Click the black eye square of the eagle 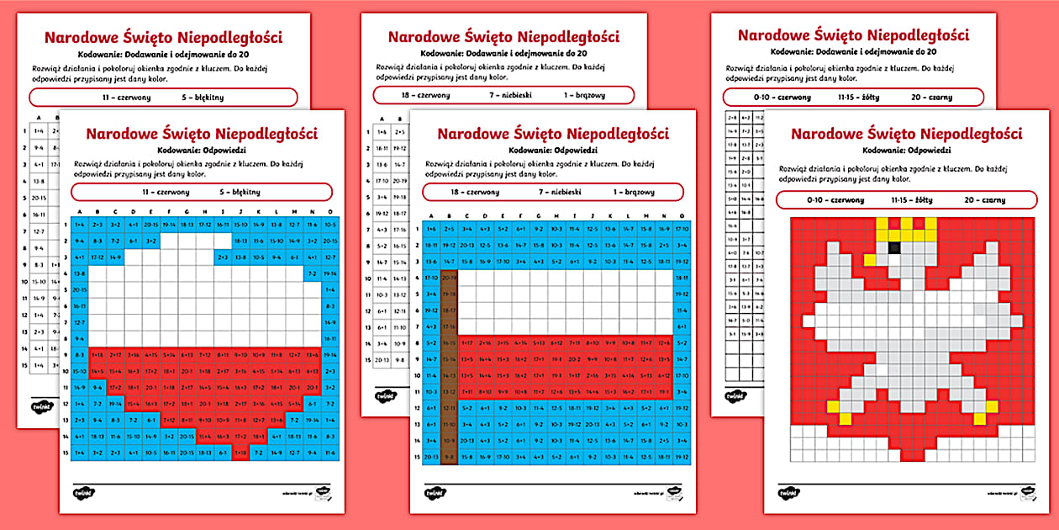[894, 247]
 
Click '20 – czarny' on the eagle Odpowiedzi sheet [984, 200]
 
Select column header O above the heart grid [329, 212]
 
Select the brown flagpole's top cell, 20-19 [449, 277]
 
